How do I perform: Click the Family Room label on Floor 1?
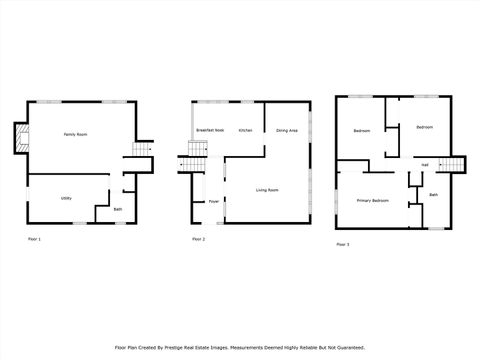click(75, 134)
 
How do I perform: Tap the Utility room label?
click(65, 198)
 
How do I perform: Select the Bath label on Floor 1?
click(118, 209)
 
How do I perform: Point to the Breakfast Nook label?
click(209, 130)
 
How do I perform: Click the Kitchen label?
click(245, 130)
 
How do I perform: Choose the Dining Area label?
click(287, 130)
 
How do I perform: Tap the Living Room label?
click(267, 190)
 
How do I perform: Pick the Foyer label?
click(213, 201)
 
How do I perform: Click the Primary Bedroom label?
click(373, 201)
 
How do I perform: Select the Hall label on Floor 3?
click(425, 165)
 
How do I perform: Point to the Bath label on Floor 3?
click(433, 194)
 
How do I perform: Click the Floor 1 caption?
click(35, 240)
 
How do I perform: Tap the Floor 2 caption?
click(198, 240)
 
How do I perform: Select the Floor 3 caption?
click(342, 244)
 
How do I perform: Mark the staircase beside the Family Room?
click(141, 151)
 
